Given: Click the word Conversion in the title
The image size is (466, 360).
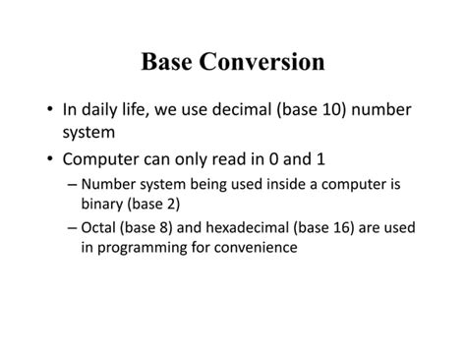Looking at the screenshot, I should pyautogui.click(x=262, y=62).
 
